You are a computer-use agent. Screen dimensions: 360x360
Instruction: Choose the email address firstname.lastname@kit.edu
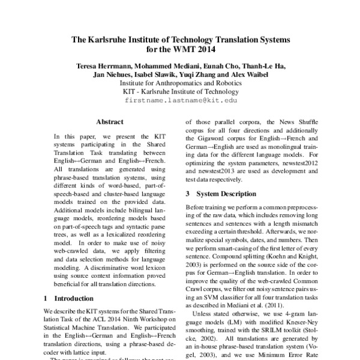tap(180, 102)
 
